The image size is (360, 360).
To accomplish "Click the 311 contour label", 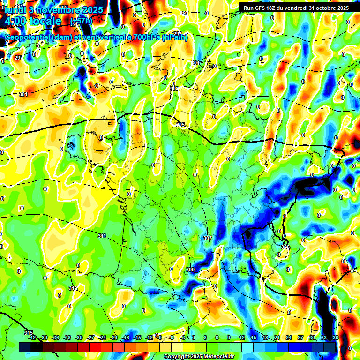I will pos(102,235).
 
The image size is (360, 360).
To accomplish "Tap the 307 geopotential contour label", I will pos(207,238).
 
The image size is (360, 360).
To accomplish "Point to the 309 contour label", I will pos(190,270).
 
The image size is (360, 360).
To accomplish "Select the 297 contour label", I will pos(18,58).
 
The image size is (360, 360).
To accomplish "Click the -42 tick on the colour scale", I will pos(32,337).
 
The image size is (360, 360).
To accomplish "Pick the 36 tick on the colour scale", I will pos(336,337).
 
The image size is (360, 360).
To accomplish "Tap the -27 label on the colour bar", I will pos(90,337).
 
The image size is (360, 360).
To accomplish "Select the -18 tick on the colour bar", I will pos(126,337).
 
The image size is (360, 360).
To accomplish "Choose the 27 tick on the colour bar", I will pos(300,337).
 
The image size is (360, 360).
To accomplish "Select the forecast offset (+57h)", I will pos(81,22).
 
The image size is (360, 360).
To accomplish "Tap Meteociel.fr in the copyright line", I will pos(216,357).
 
